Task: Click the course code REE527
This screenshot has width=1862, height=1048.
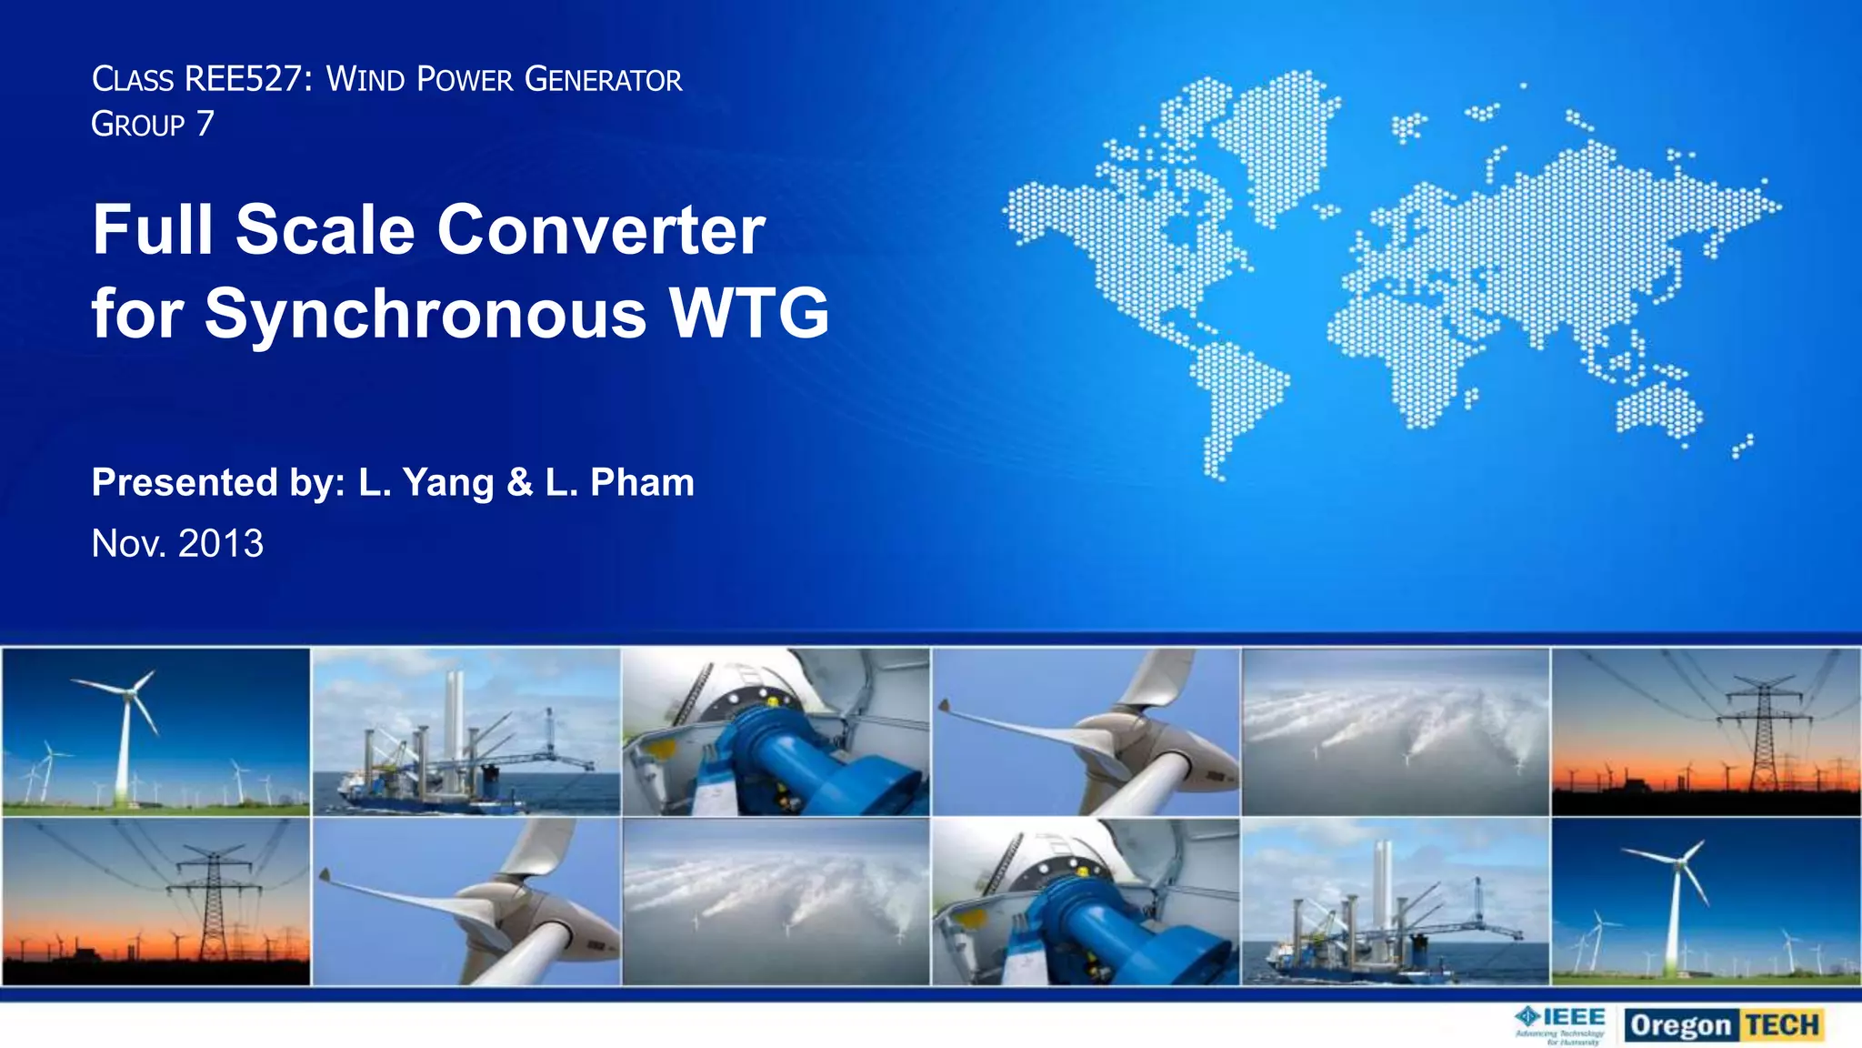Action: (x=243, y=79)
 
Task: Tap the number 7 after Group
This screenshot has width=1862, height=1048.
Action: (x=205, y=123)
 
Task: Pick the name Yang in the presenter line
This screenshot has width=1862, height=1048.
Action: (x=448, y=483)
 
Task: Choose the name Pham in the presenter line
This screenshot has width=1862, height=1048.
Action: (x=642, y=482)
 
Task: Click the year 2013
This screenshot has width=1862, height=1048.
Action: (x=221, y=543)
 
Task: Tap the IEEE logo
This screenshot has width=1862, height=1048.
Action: (x=1560, y=1025)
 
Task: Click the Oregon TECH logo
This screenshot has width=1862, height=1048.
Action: (x=1725, y=1025)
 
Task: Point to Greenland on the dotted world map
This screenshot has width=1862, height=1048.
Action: (x=1277, y=136)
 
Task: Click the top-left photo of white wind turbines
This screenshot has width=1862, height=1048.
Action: (x=155, y=731)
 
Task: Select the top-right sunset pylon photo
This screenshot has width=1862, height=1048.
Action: (x=1706, y=731)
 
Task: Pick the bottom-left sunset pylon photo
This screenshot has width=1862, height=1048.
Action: (x=155, y=901)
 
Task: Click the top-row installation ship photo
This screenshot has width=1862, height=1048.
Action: (x=465, y=731)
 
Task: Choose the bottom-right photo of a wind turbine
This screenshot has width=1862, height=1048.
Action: (x=1706, y=901)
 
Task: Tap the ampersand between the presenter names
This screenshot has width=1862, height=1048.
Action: (x=519, y=482)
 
